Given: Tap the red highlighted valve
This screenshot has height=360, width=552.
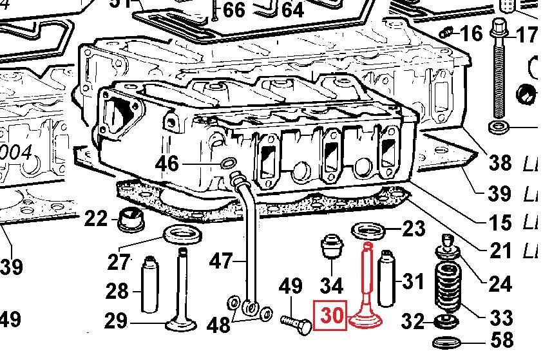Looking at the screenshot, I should tap(366, 290).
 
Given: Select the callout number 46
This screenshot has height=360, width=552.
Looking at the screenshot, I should tap(167, 164).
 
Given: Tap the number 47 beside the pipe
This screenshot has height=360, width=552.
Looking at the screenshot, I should tap(222, 261).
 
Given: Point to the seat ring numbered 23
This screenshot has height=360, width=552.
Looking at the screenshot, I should tap(368, 229).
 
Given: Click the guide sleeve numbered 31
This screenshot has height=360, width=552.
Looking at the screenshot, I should tap(388, 279).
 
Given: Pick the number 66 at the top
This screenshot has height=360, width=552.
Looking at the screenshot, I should tap(234, 10).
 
